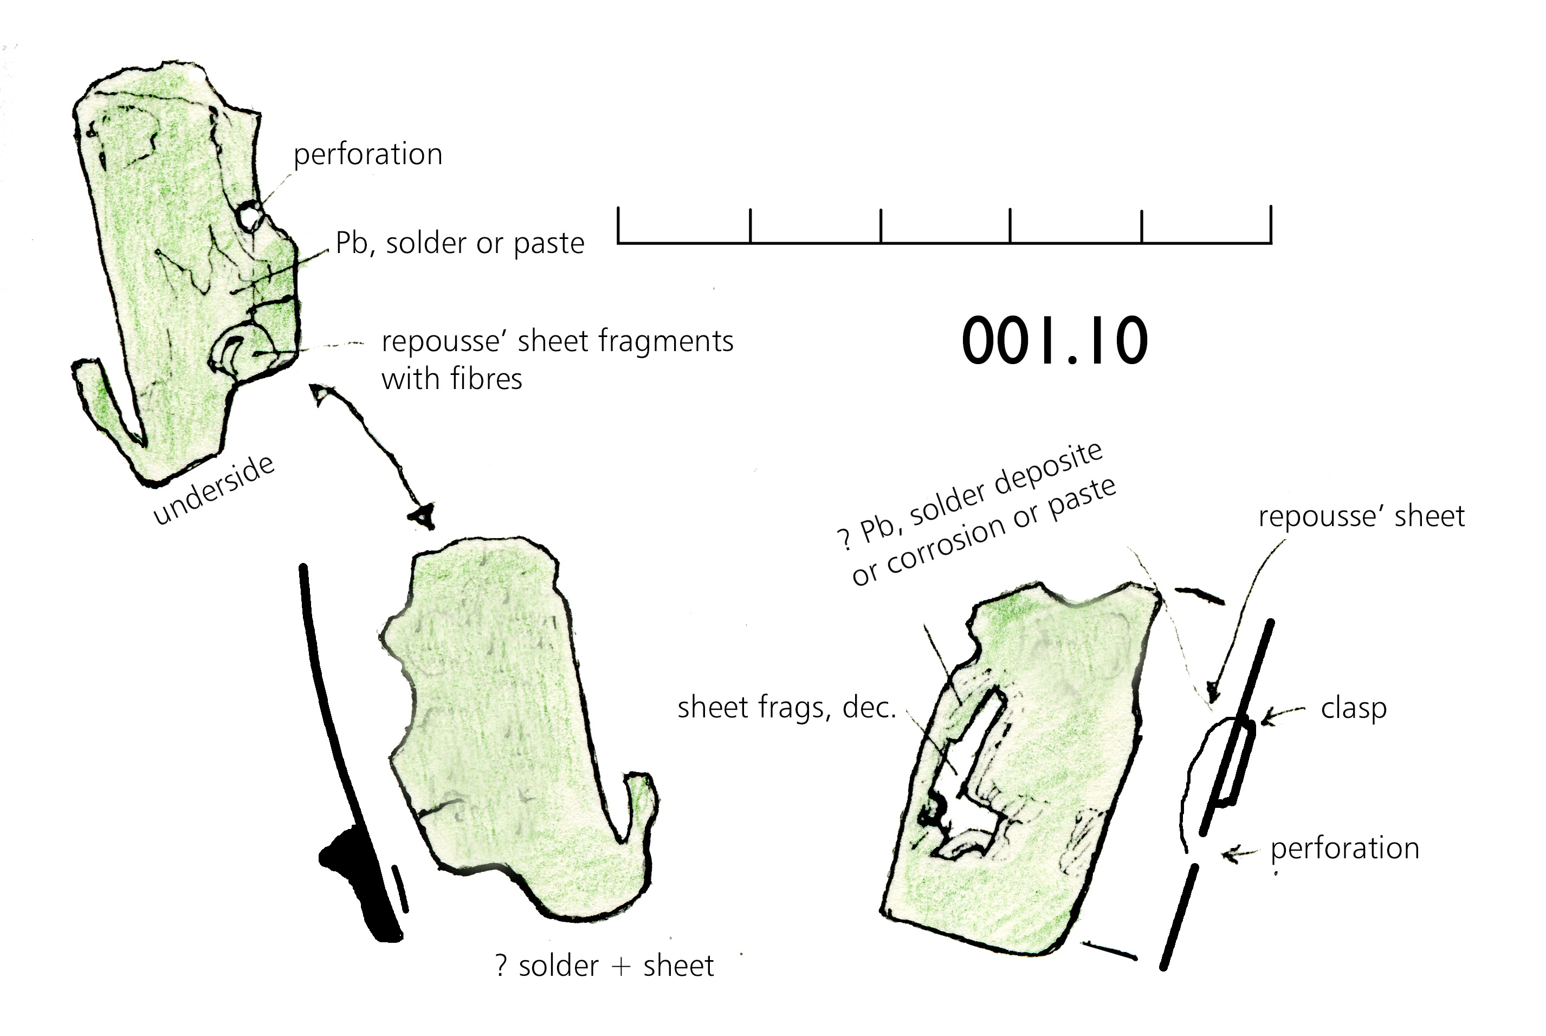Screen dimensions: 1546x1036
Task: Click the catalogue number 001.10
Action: [1055, 341]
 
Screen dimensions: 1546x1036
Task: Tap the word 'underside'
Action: [214, 490]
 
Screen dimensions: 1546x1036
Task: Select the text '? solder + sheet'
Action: [605, 966]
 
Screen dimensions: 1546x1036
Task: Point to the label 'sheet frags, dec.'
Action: [787, 708]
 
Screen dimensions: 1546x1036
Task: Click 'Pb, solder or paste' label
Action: [460, 243]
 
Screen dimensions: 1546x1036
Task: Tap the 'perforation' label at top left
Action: [368, 154]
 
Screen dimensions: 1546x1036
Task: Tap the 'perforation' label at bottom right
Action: [1344, 849]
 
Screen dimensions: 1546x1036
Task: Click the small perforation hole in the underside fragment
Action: [250, 215]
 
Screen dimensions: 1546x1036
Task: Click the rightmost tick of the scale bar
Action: [1271, 225]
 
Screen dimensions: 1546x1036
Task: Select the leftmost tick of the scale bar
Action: [619, 225]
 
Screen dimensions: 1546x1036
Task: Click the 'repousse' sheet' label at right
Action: [1362, 516]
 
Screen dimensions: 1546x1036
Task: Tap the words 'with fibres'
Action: [452, 379]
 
